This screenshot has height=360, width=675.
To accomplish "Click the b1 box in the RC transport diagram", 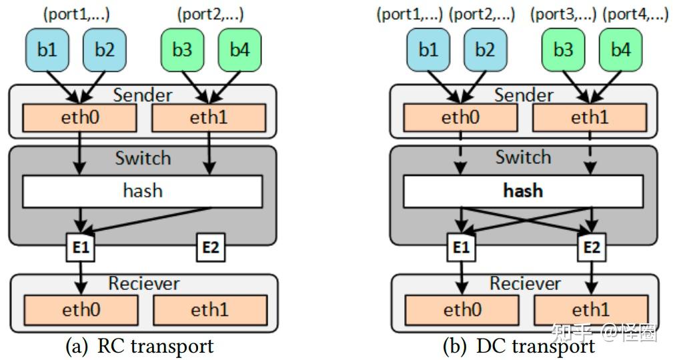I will click(x=47, y=50).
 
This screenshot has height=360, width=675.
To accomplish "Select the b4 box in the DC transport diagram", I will click(x=620, y=50).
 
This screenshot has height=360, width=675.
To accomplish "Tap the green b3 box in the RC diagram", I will click(x=182, y=50).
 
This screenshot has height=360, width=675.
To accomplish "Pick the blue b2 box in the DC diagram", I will click(x=486, y=50).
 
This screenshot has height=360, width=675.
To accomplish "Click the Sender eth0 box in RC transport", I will click(x=80, y=119).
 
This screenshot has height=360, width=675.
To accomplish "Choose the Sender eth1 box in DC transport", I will click(x=590, y=119).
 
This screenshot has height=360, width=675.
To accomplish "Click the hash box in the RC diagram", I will click(x=143, y=191).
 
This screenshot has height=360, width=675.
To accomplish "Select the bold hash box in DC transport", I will click(x=523, y=191).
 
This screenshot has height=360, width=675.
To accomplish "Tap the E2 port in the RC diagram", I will click(x=210, y=248).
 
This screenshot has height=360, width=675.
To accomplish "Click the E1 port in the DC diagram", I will click(x=461, y=248).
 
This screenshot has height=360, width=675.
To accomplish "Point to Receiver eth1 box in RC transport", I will click(x=210, y=310).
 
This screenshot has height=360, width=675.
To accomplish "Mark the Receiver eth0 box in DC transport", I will click(x=461, y=310).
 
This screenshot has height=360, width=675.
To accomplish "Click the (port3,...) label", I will click(x=563, y=15).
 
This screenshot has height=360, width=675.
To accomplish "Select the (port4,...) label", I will click(x=635, y=15).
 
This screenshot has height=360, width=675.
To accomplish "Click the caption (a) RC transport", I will click(x=140, y=346).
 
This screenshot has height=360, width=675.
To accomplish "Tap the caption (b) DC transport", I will click(x=519, y=346).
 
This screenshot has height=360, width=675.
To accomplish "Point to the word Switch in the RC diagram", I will click(x=143, y=159).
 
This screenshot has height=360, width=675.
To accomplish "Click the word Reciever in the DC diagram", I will click(x=523, y=283).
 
